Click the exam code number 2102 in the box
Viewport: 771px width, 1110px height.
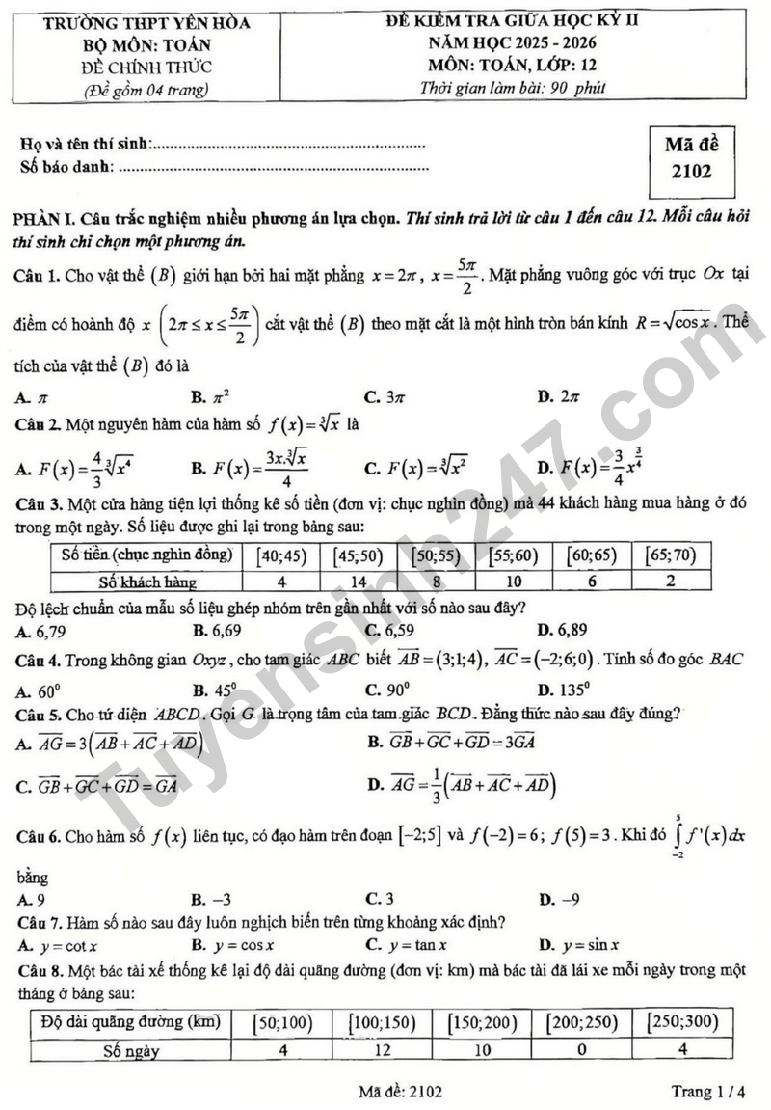[x=693, y=173]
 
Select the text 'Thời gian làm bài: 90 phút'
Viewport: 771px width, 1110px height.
[x=513, y=88]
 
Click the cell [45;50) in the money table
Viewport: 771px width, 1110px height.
[x=359, y=555]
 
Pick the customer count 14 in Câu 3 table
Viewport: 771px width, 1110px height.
[x=359, y=582]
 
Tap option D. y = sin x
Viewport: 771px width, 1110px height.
[x=579, y=945]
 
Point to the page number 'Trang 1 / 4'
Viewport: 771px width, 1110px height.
[x=708, y=1092]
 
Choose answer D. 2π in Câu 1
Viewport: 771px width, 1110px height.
[x=558, y=396]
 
